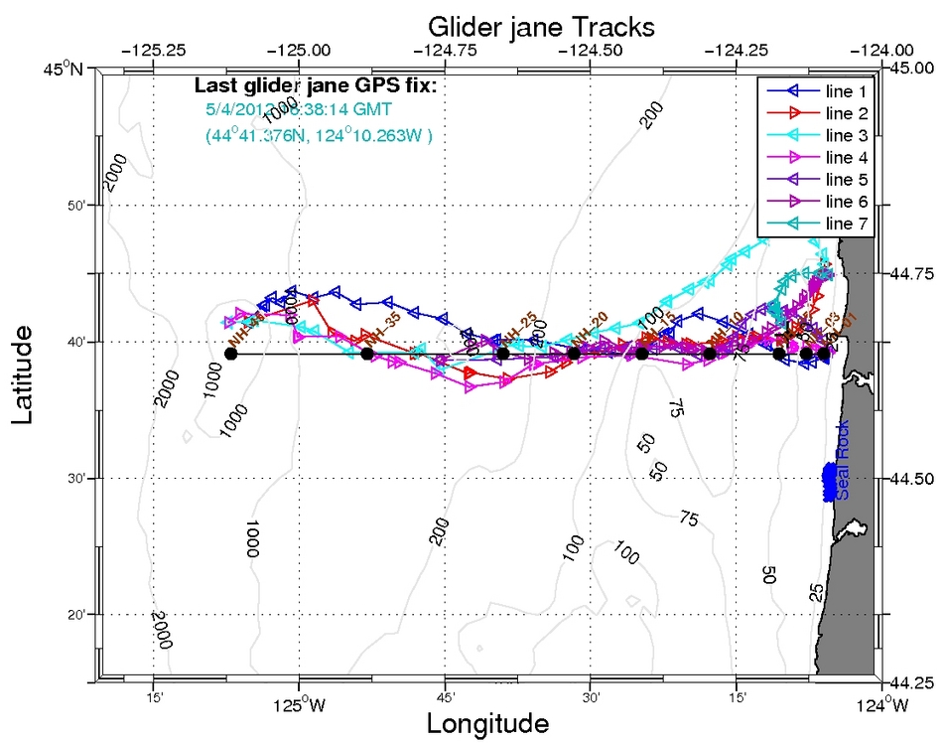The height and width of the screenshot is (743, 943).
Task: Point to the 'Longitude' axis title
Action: pyautogui.click(x=487, y=722)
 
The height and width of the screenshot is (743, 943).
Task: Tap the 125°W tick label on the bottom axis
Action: pyautogui.click(x=299, y=707)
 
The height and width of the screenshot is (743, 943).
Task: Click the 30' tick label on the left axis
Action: pyautogui.click(x=76, y=478)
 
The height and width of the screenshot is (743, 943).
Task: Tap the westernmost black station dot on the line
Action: pyautogui.click(x=231, y=354)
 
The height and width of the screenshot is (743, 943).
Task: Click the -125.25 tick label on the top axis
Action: pyautogui.click(x=154, y=49)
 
